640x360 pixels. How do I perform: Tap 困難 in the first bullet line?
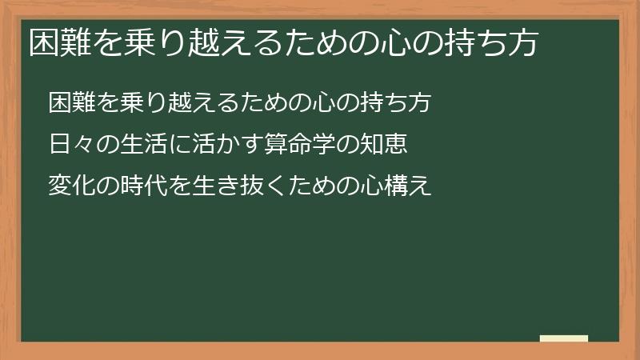70,103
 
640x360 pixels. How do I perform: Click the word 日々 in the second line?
70,145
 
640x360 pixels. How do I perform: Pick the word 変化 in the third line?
70,186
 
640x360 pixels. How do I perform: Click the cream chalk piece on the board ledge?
564,338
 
